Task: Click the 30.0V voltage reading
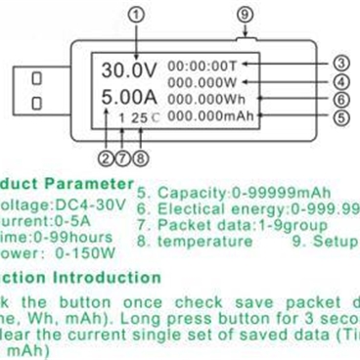131,69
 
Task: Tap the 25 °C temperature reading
139,117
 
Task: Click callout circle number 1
136,15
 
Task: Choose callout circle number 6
341,100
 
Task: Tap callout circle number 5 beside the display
341,117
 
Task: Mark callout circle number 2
106,156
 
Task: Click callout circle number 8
141,156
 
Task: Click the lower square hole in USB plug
36,103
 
